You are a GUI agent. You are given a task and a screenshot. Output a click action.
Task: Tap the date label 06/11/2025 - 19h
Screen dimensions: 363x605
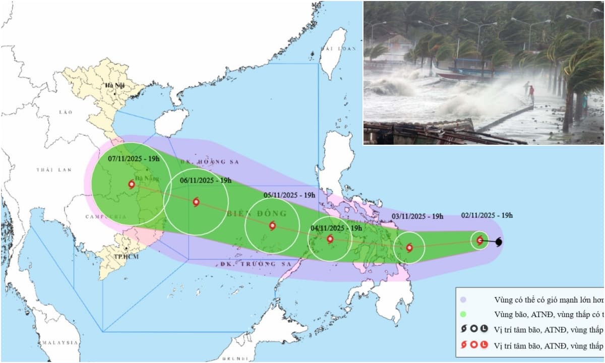205,180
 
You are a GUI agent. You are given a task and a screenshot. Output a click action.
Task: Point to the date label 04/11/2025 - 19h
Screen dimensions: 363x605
336,227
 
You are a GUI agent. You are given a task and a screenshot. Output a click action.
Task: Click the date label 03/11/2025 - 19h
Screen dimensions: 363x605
417,216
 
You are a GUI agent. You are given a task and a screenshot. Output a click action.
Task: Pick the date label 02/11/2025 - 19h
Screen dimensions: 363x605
487,215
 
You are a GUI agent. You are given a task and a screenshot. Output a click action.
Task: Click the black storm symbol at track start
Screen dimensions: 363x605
499,243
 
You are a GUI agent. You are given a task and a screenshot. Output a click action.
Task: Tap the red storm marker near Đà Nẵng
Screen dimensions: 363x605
132,185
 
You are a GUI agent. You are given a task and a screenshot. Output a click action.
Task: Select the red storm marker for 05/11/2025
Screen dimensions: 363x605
272,226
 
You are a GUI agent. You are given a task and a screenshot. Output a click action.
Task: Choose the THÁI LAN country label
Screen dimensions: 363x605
54,170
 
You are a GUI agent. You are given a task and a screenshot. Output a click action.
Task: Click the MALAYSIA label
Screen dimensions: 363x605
60,343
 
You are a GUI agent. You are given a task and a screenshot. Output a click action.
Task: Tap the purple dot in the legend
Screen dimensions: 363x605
463,299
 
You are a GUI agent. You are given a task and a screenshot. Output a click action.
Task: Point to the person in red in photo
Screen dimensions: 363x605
531,94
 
